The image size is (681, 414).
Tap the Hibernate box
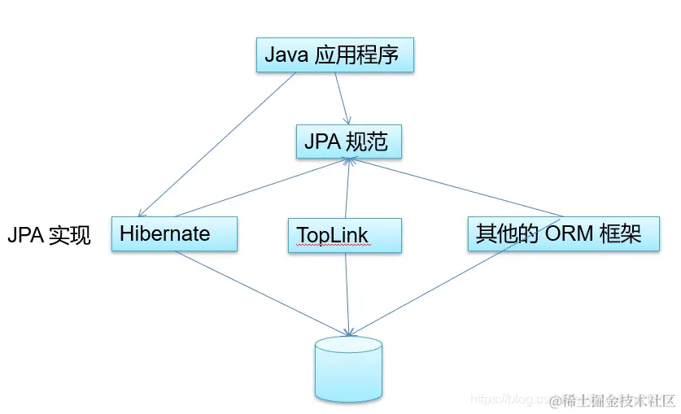(173, 234)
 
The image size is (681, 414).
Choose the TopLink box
(345, 235)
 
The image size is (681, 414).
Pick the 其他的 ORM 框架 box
(562, 234)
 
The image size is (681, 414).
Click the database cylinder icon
(348, 369)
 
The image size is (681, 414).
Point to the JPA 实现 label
(49, 237)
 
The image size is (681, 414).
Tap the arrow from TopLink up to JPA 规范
(347, 189)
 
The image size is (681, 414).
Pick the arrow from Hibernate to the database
(260, 292)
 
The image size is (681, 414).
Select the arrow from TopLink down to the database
(347, 293)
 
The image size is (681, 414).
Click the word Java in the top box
(286, 56)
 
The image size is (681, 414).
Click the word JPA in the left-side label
(24, 237)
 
